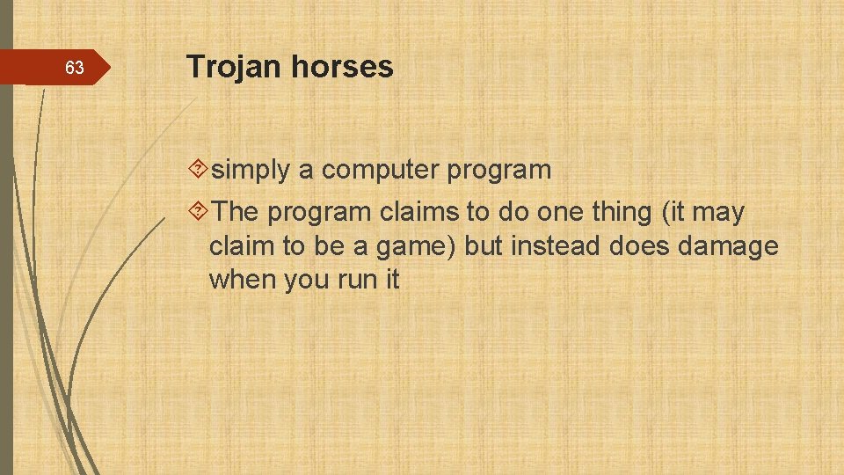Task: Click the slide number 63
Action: pos(75,68)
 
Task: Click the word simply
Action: pos(251,170)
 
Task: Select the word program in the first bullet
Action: pos(498,170)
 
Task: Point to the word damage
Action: pos(728,246)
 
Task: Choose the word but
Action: pos(484,246)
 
